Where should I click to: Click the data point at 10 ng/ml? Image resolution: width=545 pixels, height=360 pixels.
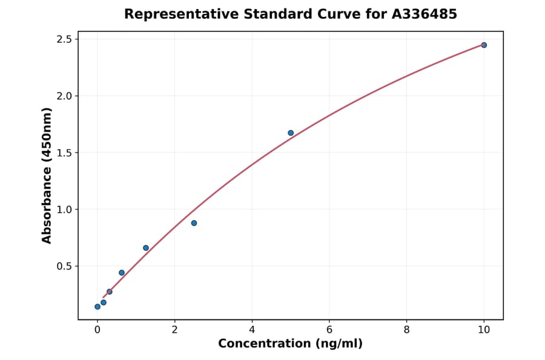click(484, 45)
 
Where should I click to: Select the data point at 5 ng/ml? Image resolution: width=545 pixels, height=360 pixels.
click(291, 133)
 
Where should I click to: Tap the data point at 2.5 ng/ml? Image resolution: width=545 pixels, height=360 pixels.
click(194, 223)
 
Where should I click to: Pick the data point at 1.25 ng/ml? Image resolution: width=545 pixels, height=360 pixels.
click(146, 248)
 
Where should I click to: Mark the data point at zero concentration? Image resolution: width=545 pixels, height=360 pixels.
click(97, 307)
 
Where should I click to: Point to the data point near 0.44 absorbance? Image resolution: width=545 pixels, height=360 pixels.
click(122, 273)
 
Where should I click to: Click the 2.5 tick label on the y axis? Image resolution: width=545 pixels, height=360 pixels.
click(64, 39)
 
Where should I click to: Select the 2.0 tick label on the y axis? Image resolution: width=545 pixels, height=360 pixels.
click(64, 96)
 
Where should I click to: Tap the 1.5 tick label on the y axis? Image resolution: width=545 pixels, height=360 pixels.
click(64, 153)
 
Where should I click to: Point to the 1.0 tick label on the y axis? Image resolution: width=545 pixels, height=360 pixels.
click(64, 210)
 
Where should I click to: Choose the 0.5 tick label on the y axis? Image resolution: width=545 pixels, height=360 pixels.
click(64, 266)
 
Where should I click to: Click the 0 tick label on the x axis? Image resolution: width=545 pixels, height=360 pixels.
click(97, 330)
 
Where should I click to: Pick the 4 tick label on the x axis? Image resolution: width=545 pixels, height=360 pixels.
click(252, 330)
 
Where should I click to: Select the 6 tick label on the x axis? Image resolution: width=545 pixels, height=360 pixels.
click(329, 330)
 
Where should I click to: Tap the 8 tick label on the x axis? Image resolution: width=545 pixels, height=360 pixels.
click(406, 330)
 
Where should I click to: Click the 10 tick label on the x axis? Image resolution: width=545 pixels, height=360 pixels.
click(484, 330)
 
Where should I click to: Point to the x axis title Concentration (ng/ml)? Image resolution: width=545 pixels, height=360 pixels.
click(290, 344)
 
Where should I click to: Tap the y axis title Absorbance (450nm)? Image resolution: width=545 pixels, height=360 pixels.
click(47, 175)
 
